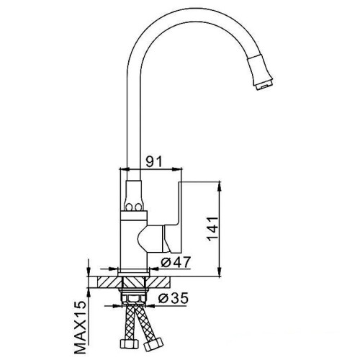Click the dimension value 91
pyautogui.click(x=154, y=161)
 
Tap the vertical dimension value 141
pyautogui.click(x=212, y=229)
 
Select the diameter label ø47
pyautogui.click(x=176, y=262)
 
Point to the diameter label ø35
pyautogui.click(x=174, y=298)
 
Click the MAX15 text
pyautogui.click(x=80, y=328)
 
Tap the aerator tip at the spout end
pyautogui.click(x=264, y=85)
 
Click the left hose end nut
pyautogui.click(x=129, y=343)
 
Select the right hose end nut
pyautogui.click(x=153, y=345)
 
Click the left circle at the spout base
pyautogui.click(x=129, y=207)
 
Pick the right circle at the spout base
pyautogui.click(x=138, y=207)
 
